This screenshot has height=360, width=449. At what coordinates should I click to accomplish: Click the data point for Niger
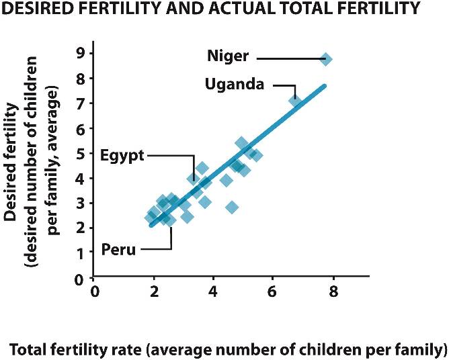325,59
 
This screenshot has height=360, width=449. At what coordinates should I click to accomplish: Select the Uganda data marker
295,101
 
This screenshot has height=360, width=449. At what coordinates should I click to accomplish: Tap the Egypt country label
122,155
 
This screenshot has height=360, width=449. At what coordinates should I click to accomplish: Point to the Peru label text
118,250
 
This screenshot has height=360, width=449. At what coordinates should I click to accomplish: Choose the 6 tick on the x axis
273,292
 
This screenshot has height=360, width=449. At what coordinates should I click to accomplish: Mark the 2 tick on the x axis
154,292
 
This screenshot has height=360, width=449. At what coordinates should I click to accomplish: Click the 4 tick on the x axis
213,292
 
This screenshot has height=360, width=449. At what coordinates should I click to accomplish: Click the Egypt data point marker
194,178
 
